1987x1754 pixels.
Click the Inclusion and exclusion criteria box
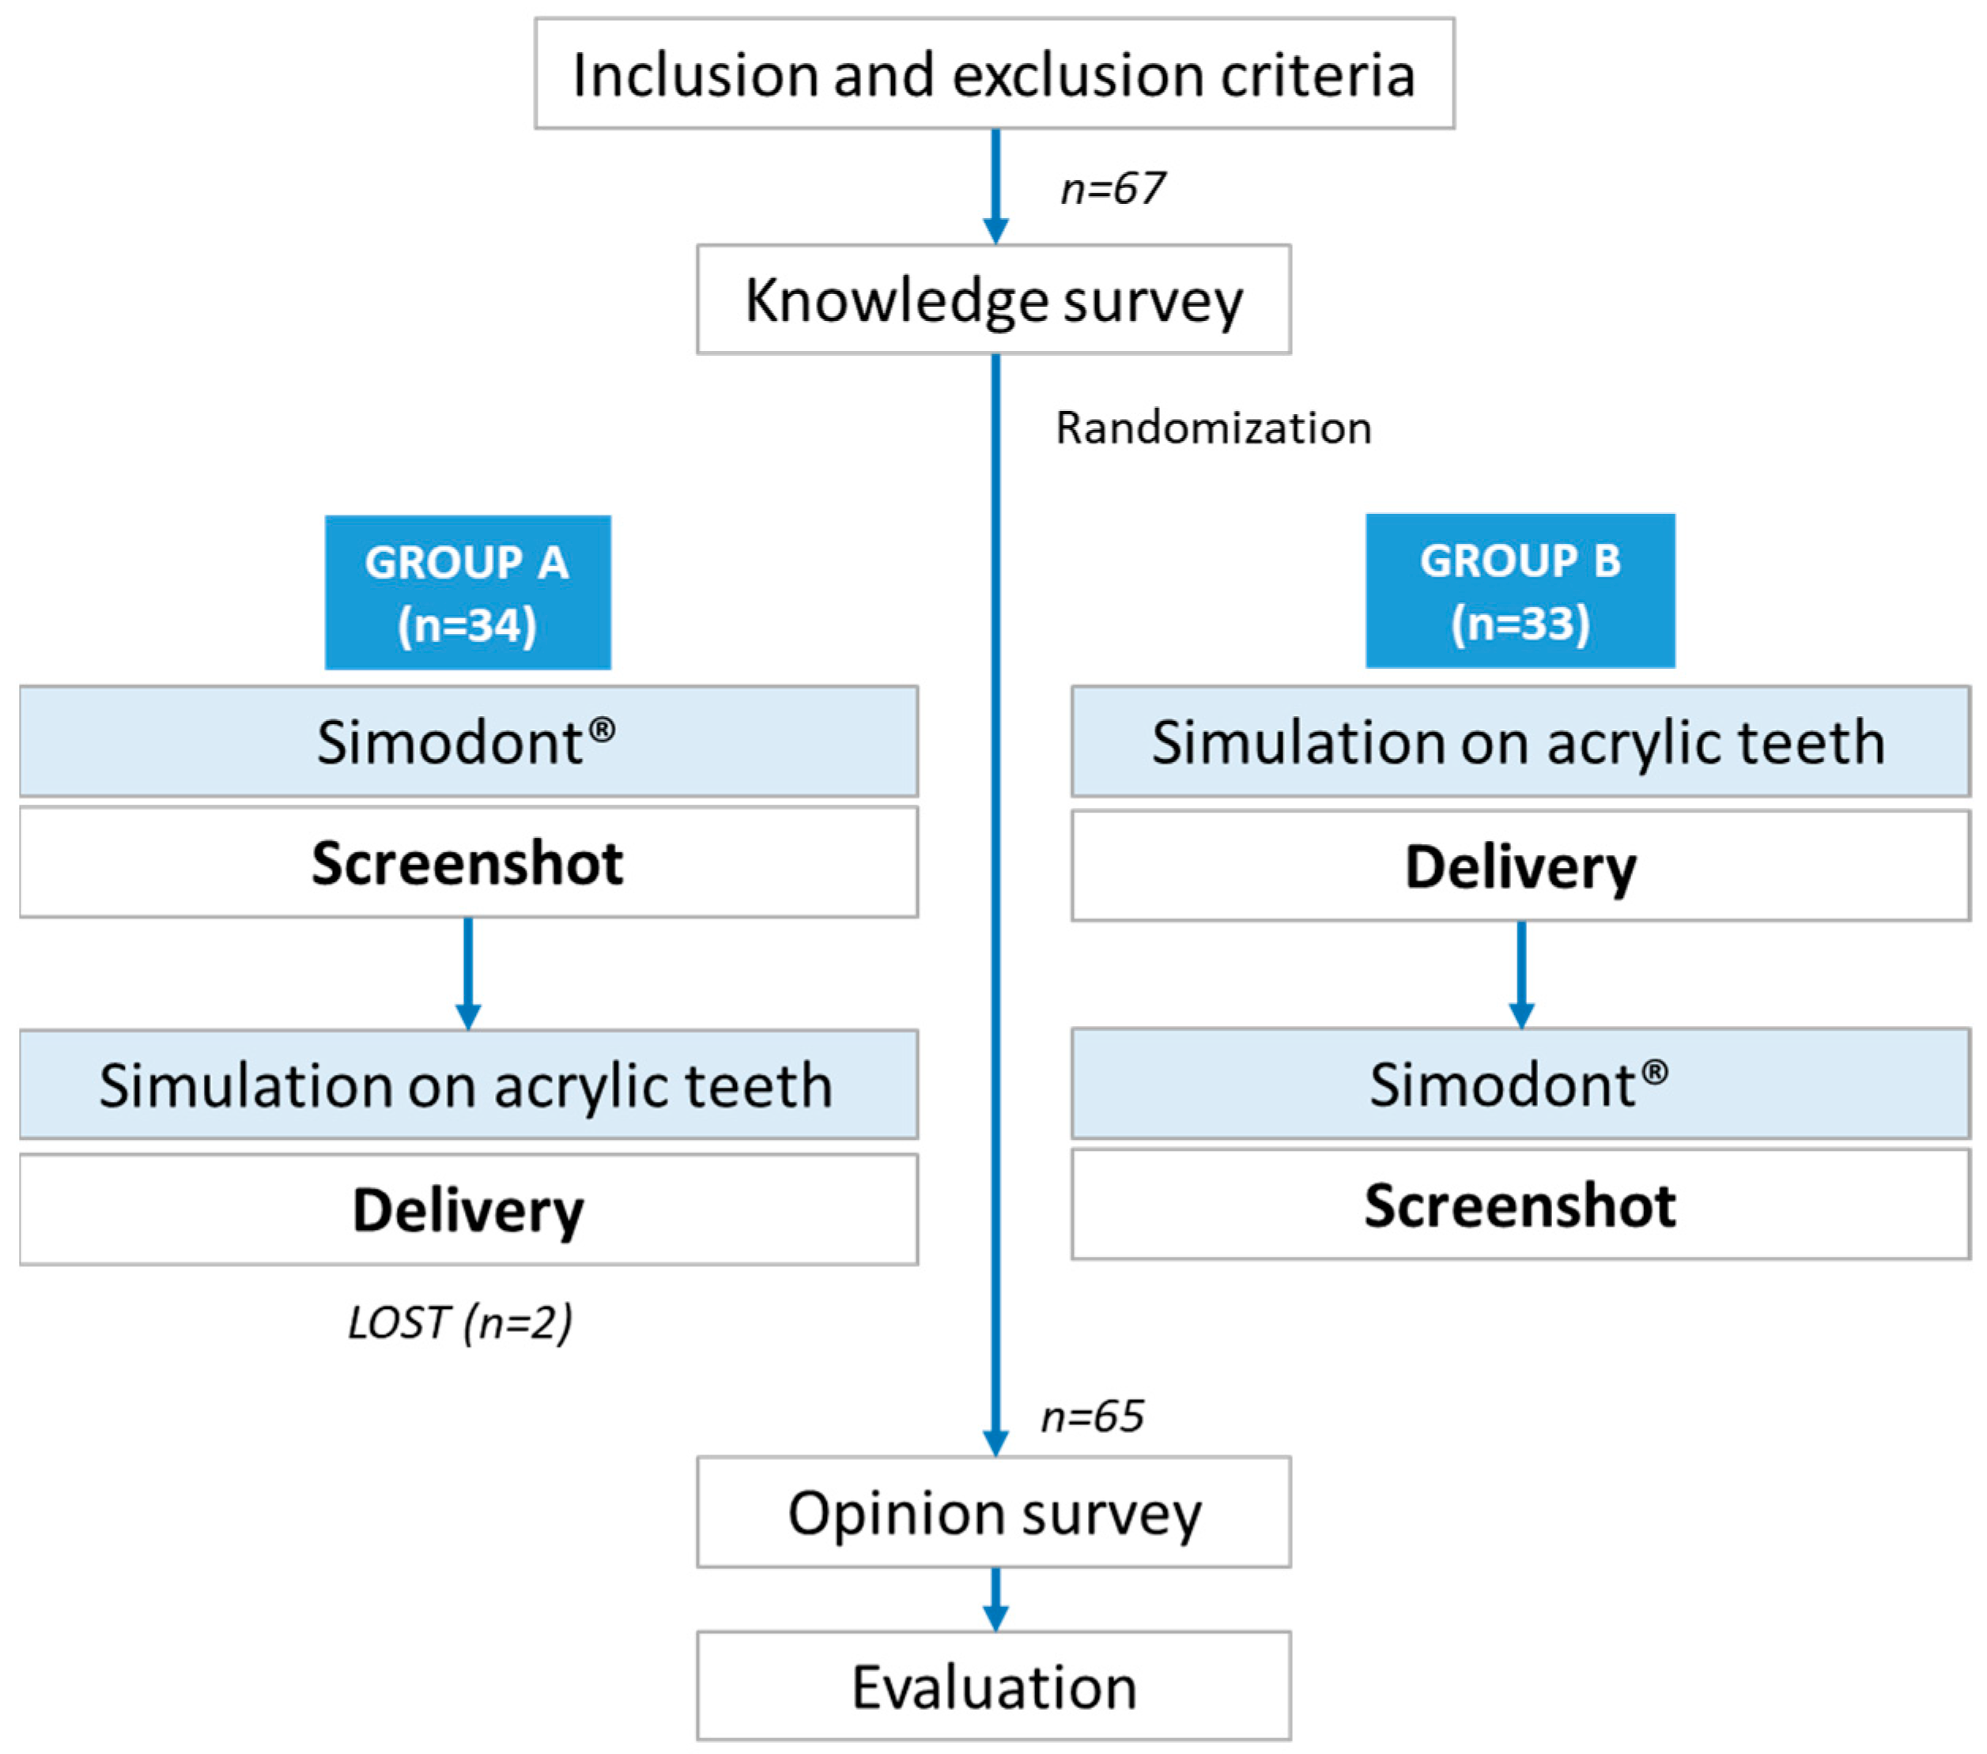coord(993,74)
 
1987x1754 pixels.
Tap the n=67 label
coord(1112,188)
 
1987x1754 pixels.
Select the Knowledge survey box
coord(993,300)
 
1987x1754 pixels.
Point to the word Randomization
coord(1213,428)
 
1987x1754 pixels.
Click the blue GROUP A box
coord(467,592)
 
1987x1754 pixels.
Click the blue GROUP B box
coord(1520,590)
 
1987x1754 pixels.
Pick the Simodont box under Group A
coord(467,741)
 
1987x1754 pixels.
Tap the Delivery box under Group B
coord(1520,866)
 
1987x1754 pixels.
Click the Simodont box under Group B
coord(1520,1084)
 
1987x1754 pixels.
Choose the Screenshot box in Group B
coord(1520,1205)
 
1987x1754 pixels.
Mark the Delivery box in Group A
coord(467,1210)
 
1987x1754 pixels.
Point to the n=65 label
coord(1092,1416)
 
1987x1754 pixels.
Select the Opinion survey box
coord(993,1513)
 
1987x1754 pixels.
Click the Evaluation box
coord(993,1687)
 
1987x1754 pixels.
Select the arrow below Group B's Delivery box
coord(1521,974)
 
